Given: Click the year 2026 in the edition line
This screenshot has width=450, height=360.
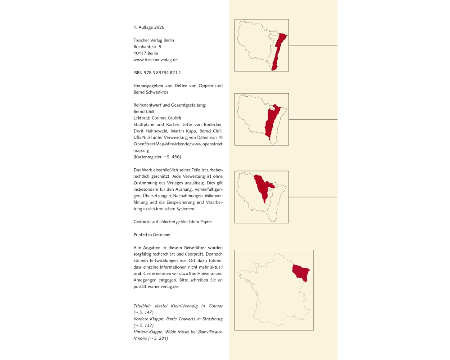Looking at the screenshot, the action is tap(159, 27).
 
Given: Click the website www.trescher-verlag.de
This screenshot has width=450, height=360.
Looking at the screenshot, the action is tap(156, 60).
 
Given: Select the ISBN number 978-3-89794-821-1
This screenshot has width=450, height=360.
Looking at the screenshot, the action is tap(162, 72).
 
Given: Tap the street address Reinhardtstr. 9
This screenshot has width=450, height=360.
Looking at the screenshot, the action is tap(147, 46).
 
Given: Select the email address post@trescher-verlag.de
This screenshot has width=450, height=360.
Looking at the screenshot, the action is tap(156, 287).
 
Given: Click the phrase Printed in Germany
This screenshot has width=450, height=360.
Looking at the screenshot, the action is tap(152, 234).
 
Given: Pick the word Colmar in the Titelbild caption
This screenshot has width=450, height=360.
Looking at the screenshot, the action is tap(216, 306).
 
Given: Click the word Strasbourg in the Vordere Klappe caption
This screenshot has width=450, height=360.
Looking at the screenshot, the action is tap(213, 319).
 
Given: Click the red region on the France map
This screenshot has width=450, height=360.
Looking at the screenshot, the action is tap(301, 272).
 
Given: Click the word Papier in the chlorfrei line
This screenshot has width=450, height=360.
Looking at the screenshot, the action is tap(206, 222).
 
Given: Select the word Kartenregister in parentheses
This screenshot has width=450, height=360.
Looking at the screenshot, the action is tap(148, 157).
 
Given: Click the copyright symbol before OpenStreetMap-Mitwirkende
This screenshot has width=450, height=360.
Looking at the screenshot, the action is tap(220, 138).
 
